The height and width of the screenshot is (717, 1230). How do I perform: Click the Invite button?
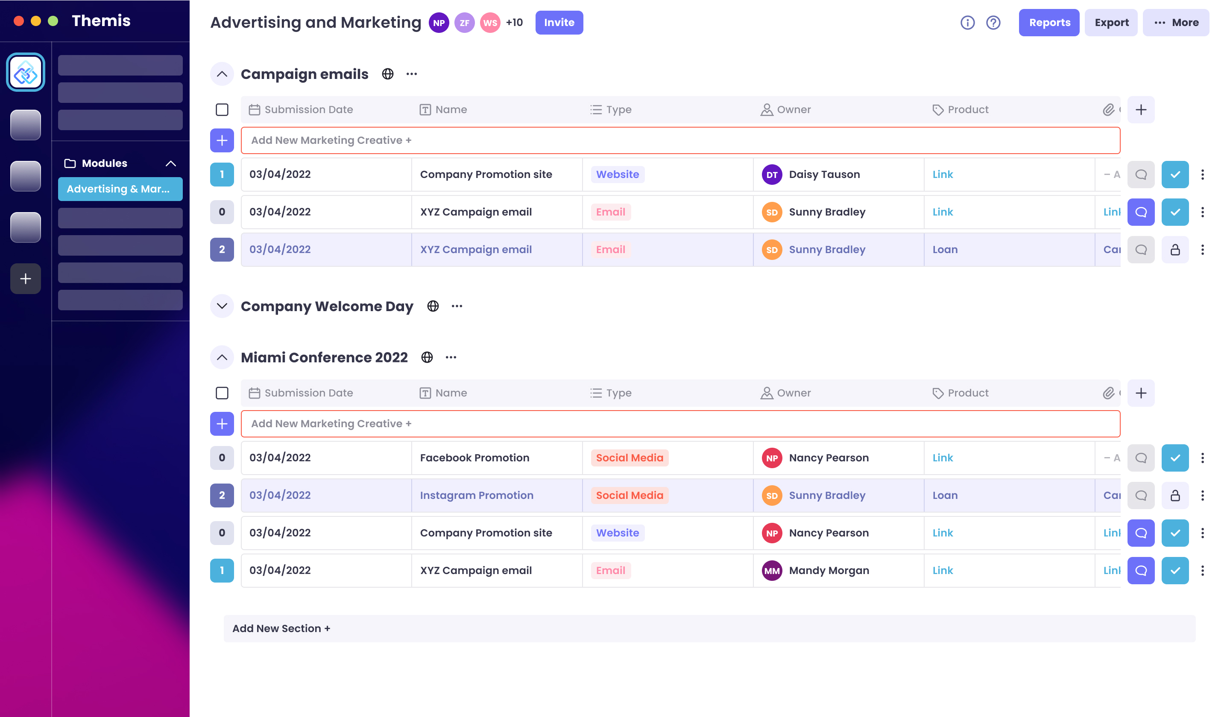click(559, 23)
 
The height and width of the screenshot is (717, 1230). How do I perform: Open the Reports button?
click(1048, 23)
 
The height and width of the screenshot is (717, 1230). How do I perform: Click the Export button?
click(1111, 23)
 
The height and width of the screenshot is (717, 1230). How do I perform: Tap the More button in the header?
click(1175, 23)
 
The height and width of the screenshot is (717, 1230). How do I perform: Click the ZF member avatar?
click(464, 23)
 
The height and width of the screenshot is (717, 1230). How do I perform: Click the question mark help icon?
click(993, 23)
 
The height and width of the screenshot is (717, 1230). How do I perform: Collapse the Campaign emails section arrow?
click(222, 74)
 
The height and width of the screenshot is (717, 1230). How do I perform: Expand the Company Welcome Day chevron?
click(222, 306)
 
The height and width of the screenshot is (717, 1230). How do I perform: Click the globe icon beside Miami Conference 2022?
click(427, 358)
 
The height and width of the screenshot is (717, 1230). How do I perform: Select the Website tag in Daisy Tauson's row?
click(617, 175)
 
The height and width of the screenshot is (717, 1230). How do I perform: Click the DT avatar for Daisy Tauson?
click(772, 175)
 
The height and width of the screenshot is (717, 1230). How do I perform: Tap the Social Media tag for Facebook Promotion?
click(629, 458)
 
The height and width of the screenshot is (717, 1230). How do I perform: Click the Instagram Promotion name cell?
click(476, 495)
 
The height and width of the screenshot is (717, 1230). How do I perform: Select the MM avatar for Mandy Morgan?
click(772, 571)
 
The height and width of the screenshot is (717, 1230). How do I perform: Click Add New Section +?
click(281, 629)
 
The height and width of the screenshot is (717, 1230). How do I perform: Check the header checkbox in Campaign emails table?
click(222, 110)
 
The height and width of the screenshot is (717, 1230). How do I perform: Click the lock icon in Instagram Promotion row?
click(1175, 495)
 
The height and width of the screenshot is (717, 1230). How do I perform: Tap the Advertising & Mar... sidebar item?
click(120, 189)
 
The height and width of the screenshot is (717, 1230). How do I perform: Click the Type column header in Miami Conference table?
click(618, 393)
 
